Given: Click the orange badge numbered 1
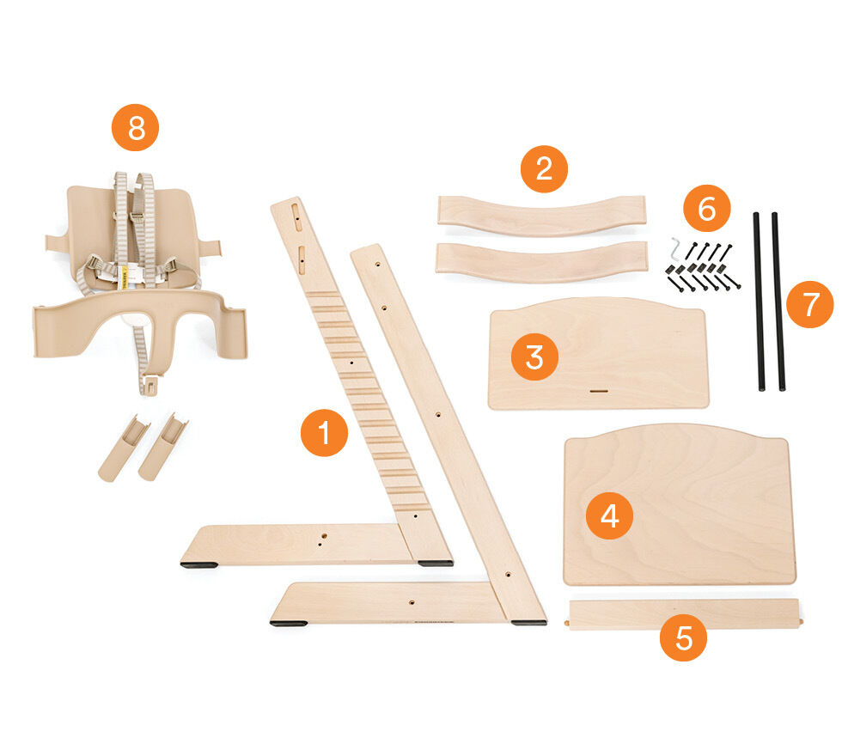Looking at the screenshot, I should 324,433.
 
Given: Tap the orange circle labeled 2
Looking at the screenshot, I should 544,168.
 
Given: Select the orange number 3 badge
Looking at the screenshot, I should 534,357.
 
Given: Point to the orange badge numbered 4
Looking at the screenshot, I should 609,515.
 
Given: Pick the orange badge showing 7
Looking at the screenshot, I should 809,305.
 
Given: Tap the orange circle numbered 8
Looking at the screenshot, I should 135,129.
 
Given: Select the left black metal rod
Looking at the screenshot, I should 760,301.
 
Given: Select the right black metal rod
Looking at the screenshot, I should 778,301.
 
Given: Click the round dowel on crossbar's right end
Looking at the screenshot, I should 801,615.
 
